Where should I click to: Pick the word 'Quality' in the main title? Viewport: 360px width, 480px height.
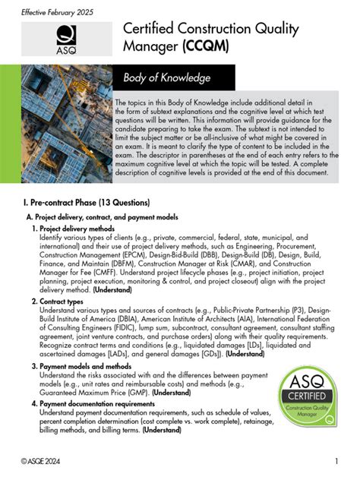pyautogui.click(x=274, y=29)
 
